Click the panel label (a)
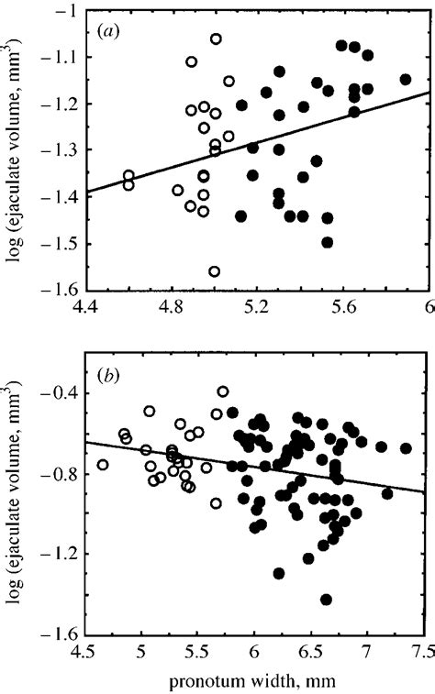[111, 30]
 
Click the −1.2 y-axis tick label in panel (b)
[58, 555]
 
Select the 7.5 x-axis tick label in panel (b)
[423, 654]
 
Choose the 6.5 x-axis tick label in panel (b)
[310, 654]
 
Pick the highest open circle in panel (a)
[216, 39]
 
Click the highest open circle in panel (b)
[223, 391]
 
